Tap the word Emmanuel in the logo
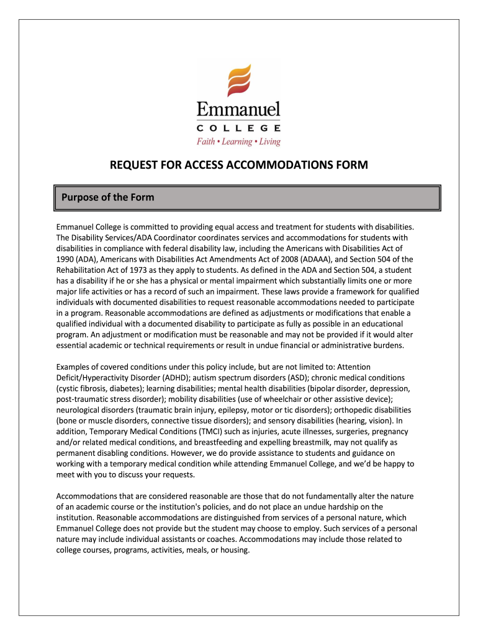pos(238,110)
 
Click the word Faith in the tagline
pos(205,142)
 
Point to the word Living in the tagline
pos(270,142)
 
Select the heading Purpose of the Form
pos(107,197)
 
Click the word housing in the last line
pos(233,551)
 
